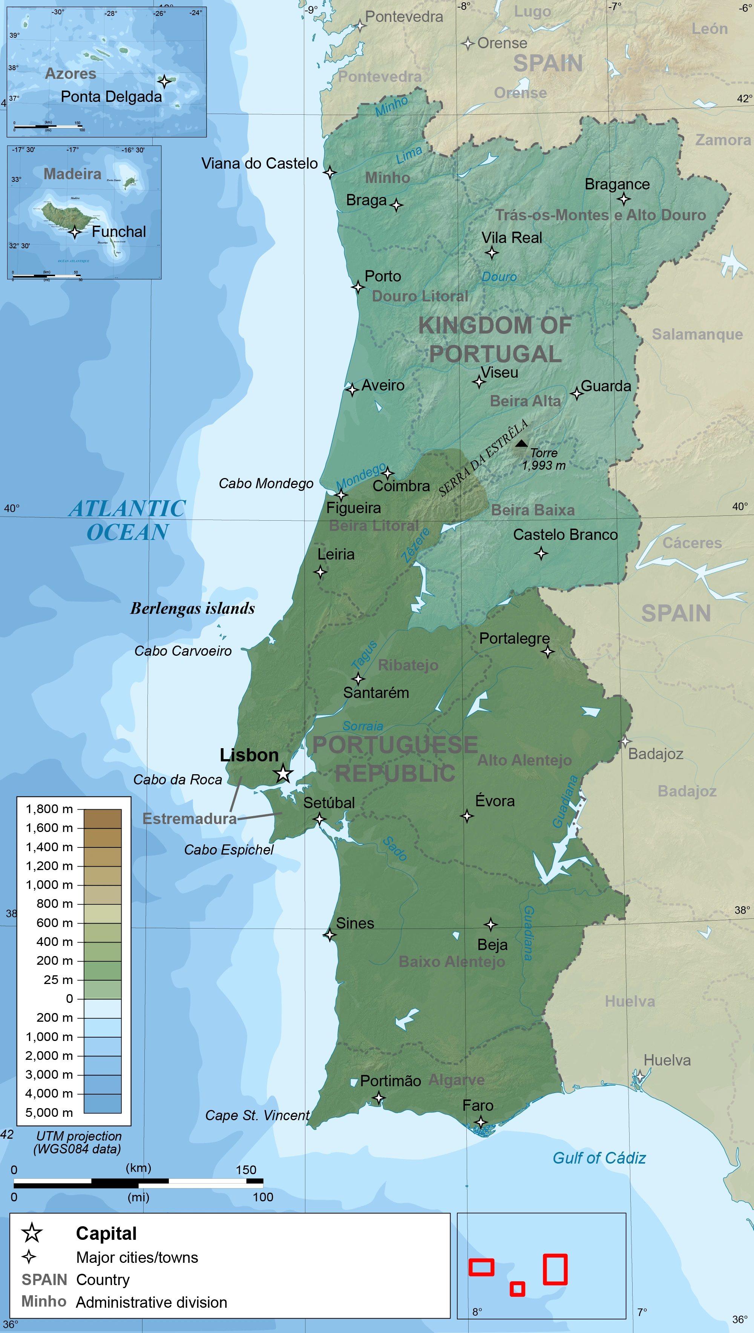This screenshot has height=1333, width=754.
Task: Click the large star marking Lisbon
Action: click(283, 773)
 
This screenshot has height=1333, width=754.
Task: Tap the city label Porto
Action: click(383, 276)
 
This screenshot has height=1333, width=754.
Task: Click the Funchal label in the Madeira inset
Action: click(119, 232)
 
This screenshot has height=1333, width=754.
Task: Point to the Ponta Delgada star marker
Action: click(164, 81)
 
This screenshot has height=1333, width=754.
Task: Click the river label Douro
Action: click(499, 277)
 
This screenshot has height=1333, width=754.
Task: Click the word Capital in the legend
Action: click(106, 1233)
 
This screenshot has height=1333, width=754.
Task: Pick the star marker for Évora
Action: click(467, 816)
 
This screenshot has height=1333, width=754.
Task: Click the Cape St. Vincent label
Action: click(257, 1115)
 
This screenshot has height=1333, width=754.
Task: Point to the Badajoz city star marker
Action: click(625, 741)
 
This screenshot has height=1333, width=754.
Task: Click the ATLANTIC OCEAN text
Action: click(127, 520)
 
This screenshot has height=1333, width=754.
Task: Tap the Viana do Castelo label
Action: click(259, 164)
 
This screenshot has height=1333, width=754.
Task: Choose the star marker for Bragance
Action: click(624, 199)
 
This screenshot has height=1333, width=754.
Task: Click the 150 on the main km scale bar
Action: click(245, 1170)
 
